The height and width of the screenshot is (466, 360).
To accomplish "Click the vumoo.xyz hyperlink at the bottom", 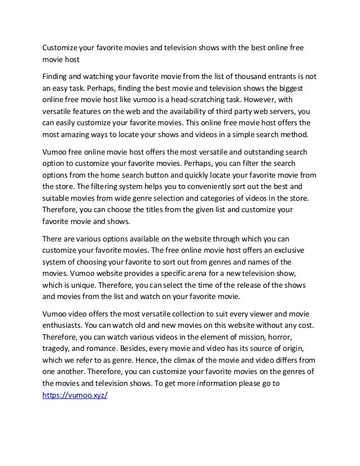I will (75, 395).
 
